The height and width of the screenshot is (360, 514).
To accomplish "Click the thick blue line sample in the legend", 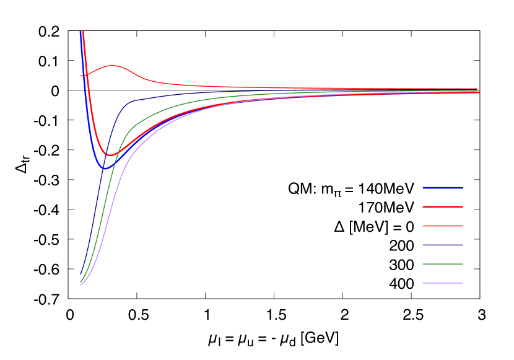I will click(442, 188).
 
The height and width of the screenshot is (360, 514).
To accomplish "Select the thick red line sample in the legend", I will click(442, 207).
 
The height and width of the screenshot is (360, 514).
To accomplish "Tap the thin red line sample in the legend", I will click(442, 226).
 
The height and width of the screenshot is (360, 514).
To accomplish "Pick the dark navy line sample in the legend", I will click(442, 245).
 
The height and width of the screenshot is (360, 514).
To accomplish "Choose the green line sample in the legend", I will click(442, 264).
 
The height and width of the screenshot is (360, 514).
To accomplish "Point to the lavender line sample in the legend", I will click(442, 283).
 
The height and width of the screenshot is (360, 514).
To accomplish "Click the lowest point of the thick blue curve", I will click(104, 168).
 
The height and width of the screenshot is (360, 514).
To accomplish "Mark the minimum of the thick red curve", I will click(110, 154).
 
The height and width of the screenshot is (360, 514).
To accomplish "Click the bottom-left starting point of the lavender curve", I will click(81, 284).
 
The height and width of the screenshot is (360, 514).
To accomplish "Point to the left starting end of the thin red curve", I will click(81, 76).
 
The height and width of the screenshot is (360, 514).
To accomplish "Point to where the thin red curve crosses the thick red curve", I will click(85, 74).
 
